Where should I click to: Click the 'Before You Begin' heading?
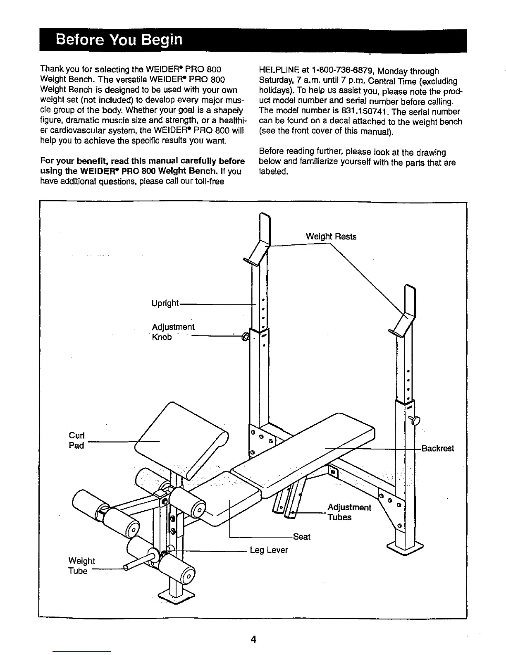(119, 40)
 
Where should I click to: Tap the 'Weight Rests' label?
(331, 237)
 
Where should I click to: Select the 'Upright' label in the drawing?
(165, 303)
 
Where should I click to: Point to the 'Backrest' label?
(437, 448)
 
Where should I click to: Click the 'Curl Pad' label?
(76, 440)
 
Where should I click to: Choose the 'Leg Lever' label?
(269, 550)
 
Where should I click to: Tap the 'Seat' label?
(301, 537)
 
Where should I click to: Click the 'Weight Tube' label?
(81, 566)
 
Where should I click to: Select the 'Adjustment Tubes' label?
(349, 512)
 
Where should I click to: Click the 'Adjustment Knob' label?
(173, 332)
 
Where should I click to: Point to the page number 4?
(253, 639)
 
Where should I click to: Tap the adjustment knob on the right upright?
(415, 420)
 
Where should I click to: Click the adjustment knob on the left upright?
(245, 337)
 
